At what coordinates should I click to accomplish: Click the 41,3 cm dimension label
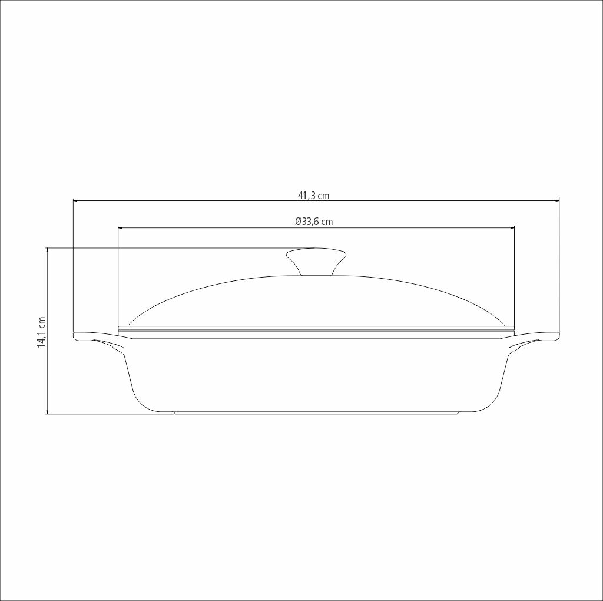tap(313, 196)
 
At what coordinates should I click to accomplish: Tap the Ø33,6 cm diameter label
tap(314, 222)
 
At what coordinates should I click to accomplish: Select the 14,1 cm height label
tap(41, 332)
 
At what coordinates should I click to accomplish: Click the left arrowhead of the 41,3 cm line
tap(76, 200)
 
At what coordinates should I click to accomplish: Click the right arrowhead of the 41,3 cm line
tap(556, 200)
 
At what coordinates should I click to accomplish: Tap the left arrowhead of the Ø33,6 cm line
tap(121, 228)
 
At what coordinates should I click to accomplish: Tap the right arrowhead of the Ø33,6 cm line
tap(512, 228)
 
